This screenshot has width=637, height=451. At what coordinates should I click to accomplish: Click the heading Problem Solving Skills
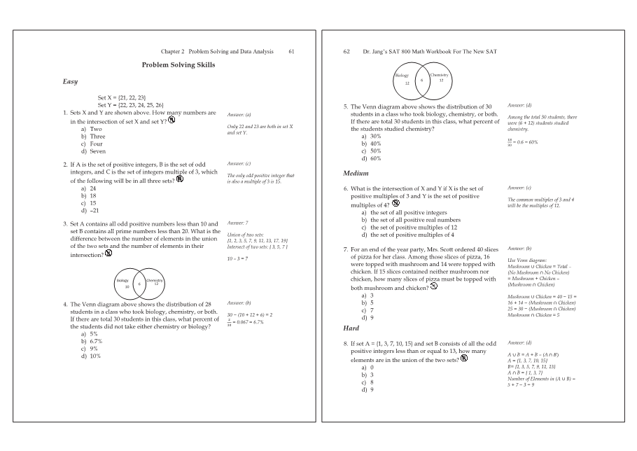pos(178,65)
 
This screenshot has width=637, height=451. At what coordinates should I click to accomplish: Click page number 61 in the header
pos(291,52)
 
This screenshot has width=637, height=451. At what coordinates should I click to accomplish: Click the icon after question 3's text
pos(108,254)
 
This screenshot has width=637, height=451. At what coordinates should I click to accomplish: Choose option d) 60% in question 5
pos(370,158)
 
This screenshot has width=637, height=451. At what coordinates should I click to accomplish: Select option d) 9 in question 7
pos(365,317)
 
